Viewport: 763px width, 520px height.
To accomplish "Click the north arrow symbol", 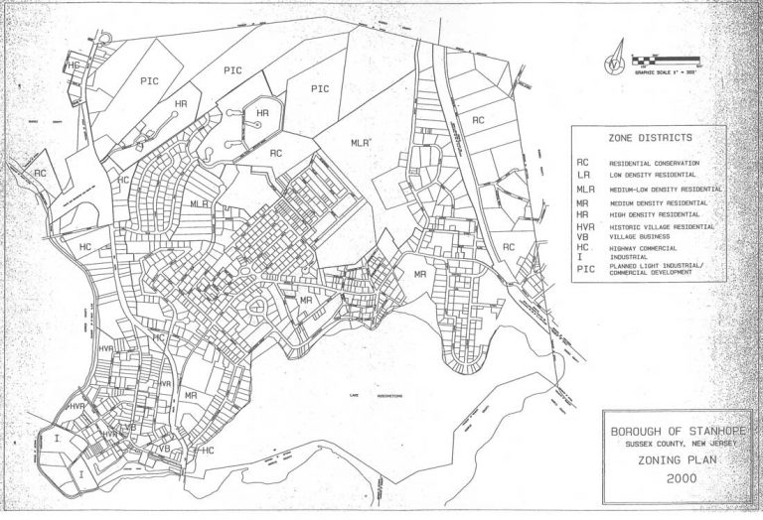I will [617, 57].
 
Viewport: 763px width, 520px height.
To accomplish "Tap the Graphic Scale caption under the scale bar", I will [661, 71].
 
